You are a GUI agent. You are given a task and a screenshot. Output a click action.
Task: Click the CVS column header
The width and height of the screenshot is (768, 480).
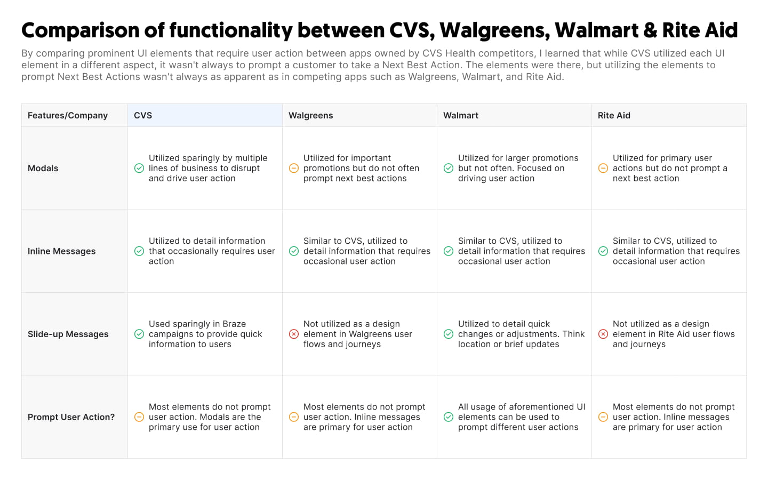pyautogui.click(x=142, y=115)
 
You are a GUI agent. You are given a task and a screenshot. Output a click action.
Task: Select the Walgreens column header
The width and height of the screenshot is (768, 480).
pyautogui.click(x=310, y=115)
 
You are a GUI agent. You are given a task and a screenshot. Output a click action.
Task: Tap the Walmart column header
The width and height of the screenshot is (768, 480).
pyautogui.click(x=460, y=115)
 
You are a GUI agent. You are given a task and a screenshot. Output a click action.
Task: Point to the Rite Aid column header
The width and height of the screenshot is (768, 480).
pyautogui.click(x=614, y=115)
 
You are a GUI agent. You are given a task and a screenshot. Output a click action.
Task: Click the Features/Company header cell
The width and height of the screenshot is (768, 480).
pyautogui.click(x=68, y=116)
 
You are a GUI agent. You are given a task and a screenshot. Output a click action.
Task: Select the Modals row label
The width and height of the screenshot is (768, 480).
pyautogui.click(x=43, y=168)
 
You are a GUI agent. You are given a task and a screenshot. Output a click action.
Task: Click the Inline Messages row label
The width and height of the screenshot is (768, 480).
pyautogui.click(x=61, y=251)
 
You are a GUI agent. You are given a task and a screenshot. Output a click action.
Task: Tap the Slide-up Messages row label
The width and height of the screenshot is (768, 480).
pyautogui.click(x=68, y=334)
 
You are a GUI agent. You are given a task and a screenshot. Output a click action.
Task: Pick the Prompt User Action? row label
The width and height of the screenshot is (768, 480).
pyautogui.click(x=71, y=417)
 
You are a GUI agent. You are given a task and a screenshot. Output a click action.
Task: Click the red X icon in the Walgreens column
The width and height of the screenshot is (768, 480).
pyautogui.click(x=294, y=334)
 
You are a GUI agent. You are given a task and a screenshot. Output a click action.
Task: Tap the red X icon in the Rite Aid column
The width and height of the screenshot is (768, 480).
pyautogui.click(x=603, y=334)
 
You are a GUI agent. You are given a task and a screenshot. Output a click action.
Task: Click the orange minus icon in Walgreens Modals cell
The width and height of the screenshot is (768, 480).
pyautogui.click(x=294, y=168)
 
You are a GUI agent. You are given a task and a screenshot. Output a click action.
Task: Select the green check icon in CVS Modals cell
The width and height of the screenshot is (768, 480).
pyautogui.click(x=139, y=168)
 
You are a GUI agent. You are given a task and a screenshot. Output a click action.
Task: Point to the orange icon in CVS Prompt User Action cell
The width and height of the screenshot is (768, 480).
pyautogui.click(x=139, y=417)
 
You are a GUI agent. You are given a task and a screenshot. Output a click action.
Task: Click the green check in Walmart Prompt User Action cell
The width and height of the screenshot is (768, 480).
pyautogui.click(x=449, y=417)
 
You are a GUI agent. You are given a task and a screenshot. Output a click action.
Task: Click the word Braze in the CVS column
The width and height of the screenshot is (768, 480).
pyautogui.click(x=234, y=324)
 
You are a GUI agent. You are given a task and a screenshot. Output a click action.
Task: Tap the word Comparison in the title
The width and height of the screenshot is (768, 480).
pyautogui.click(x=80, y=31)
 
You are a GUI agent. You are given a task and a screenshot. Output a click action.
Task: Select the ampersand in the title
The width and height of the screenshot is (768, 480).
pyautogui.click(x=650, y=30)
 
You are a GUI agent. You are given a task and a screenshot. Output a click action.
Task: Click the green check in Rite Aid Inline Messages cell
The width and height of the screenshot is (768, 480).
pyautogui.click(x=603, y=251)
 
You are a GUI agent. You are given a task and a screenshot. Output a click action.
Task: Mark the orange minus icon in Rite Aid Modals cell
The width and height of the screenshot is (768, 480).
pyautogui.click(x=603, y=168)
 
